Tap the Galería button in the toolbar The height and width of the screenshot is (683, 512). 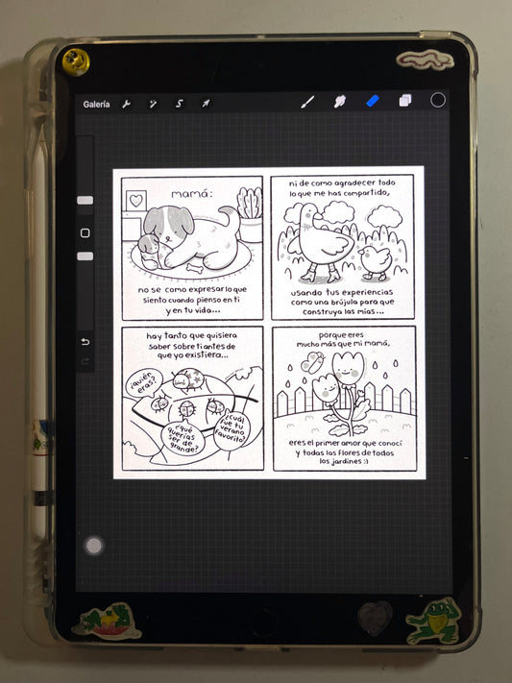tap(96, 104)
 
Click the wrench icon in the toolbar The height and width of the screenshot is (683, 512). tap(127, 104)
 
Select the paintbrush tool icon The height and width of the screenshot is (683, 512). tap(307, 103)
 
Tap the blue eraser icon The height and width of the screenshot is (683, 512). tap(373, 102)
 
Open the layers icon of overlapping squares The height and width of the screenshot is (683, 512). tap(405, 101)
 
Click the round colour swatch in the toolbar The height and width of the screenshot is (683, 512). tap(437, 100)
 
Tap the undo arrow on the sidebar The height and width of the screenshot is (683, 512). tap(85, 342)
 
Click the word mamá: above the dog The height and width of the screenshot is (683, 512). tap(192, 194)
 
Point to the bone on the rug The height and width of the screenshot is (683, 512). tap(195, 268)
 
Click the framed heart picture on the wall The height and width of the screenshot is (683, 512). tap(136, 201)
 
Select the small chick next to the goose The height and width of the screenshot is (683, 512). tap(376, 262)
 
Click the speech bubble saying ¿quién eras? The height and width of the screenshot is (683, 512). tap(143, 383)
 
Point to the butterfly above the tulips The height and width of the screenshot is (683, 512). tap(313, 362)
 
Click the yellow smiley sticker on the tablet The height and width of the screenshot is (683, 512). tap(76, 61)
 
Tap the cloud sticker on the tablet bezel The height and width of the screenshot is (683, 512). tap(426, 61)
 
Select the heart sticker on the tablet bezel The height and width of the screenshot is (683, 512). tap(375, 619)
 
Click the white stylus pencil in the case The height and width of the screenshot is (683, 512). tap(40, 331)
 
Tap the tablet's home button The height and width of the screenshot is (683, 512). tap(263, 619)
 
